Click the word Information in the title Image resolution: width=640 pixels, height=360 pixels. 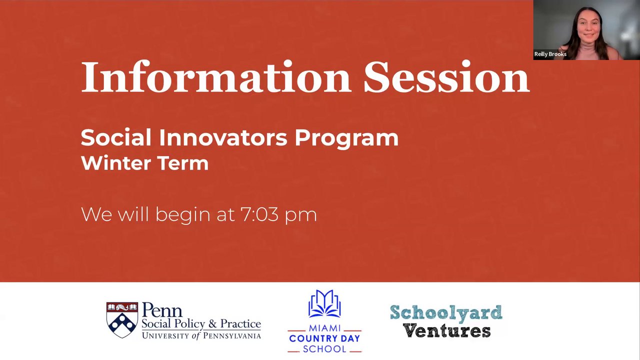click(216, 76)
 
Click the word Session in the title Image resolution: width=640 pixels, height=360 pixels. click(446, 76)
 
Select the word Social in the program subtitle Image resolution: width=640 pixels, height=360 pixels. click(115, 137)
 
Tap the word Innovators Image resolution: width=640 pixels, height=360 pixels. click(223, 137)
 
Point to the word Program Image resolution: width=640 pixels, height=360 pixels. click(346, 139)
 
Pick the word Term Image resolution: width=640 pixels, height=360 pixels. click(183, 163)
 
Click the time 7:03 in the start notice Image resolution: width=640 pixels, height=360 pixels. click(259, 214)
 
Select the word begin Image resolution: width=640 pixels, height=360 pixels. click(183, 215)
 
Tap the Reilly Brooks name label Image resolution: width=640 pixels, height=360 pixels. click(550, 54)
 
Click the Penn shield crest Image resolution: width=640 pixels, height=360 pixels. click(122, 320)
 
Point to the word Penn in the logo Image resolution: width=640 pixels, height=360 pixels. click(162, 310)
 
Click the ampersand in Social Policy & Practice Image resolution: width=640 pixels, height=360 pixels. click(212, 324)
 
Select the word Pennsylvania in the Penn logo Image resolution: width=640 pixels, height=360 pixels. click(232, 335)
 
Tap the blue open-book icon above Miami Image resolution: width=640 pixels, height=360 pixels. click(324, 303)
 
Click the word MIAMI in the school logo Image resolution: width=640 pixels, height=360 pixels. click(324, 327)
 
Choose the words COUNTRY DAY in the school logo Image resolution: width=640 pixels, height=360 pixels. click(324, 338)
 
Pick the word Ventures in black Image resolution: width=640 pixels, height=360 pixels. click(446, 331)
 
